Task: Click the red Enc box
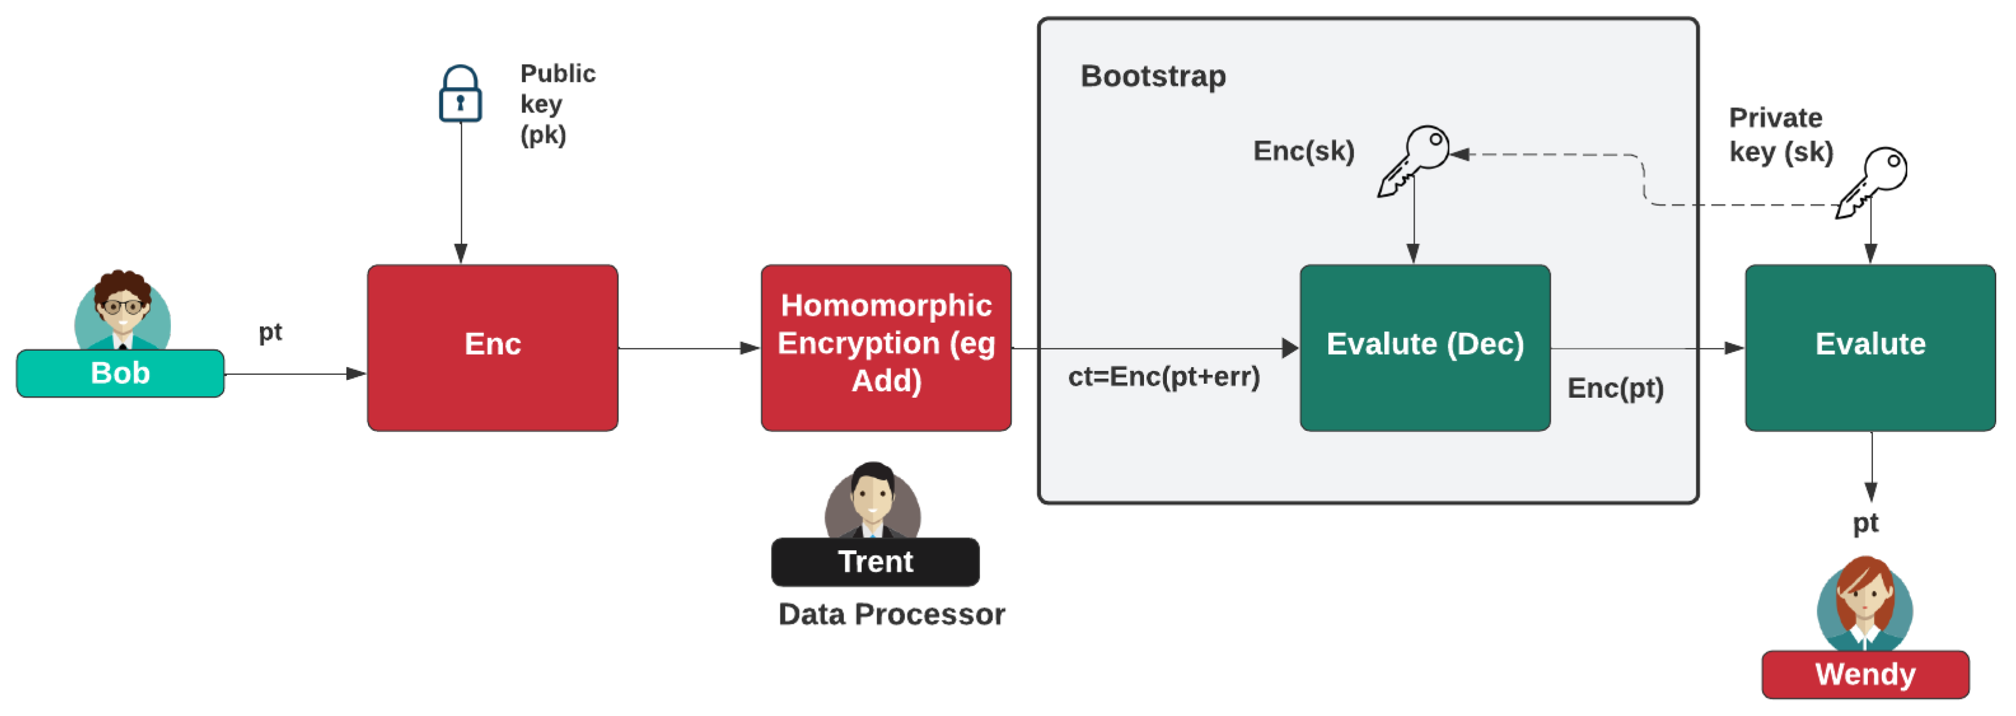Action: [493, 348]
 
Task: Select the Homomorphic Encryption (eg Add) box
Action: [886, 348]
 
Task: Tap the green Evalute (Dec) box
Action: [1425, 348]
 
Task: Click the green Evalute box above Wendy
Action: [1870, 348]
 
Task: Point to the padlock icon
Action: [460, 95]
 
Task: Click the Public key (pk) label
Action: [557, 104]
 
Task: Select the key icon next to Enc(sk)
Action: [1414, 160]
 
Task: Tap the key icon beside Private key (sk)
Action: [1872, 182]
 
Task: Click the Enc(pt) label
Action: [1616, 388]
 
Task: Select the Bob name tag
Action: [121, 374]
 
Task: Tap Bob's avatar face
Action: [123, 307]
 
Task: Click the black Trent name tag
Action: [875, 562]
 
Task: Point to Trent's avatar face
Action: [873, 497]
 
